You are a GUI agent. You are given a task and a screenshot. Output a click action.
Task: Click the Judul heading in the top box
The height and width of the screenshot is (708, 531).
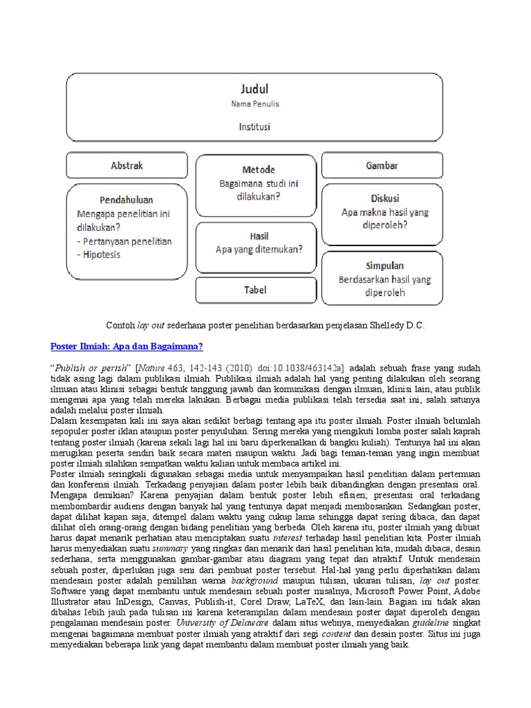click(254, 89)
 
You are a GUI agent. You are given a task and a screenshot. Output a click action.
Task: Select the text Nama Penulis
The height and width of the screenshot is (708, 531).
click(254, 105)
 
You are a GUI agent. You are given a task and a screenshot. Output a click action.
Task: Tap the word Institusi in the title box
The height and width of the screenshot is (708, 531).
click(254, 127)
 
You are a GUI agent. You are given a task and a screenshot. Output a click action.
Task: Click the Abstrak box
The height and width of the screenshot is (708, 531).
click(127, 166)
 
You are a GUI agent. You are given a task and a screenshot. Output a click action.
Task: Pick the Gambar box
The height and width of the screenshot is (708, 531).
click(381, 166)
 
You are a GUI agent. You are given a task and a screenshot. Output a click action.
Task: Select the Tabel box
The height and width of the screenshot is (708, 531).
click(254, 290)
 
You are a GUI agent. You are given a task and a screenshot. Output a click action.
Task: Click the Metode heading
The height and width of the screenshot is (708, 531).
click(259, 170)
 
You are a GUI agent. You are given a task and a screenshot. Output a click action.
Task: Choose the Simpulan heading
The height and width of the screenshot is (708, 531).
click(385, 265)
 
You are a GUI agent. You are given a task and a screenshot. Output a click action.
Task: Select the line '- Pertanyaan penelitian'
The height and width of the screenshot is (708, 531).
click(124, 241)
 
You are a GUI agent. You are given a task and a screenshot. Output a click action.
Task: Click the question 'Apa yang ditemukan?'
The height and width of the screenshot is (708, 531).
click(259, 250)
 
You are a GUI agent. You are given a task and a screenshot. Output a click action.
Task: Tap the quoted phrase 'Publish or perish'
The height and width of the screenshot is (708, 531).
click(86, 367)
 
